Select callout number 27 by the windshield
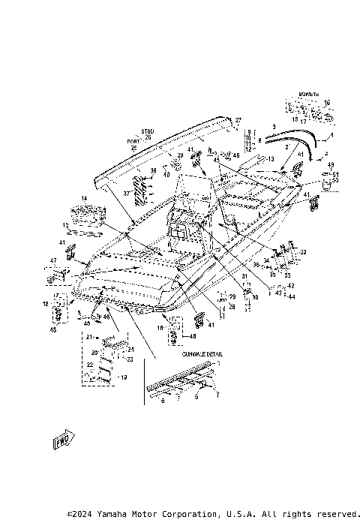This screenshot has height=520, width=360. point(238,120)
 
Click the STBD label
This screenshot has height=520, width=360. point(147,131)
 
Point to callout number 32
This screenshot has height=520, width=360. point(303,253)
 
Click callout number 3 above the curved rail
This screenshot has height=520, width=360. point(274,127)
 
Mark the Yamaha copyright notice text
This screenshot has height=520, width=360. point(213,514)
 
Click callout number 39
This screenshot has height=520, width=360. point(179,155)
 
